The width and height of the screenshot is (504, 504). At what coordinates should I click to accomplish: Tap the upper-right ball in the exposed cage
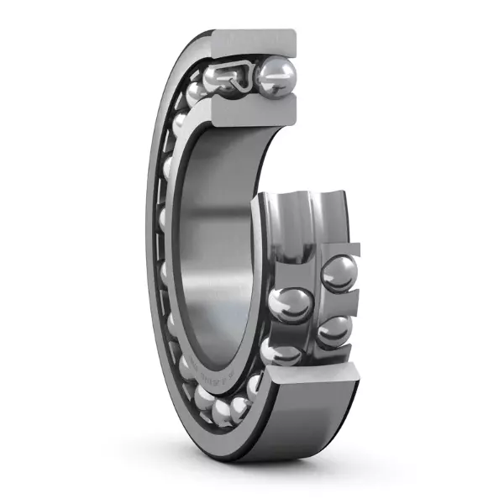click(339, 273)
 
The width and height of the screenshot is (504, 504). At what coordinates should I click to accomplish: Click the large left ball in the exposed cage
click(291, 304)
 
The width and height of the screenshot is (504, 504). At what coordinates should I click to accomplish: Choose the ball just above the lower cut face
click(281, 352)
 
